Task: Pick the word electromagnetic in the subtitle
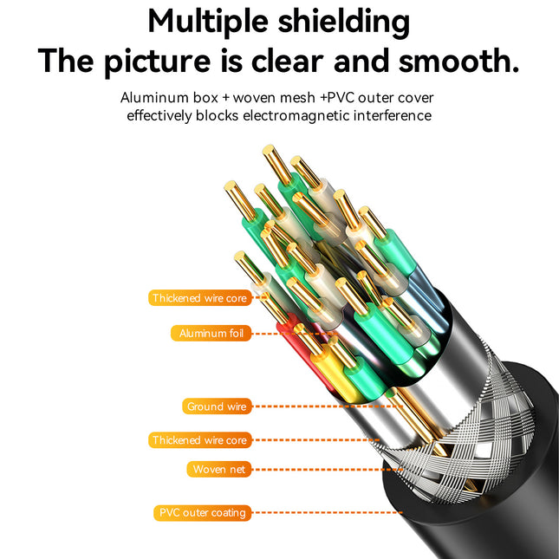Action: pyautogui.click(x=296, y=115)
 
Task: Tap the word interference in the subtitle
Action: pyautogui.click(x=392, y=115)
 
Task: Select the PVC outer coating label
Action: pyautogui.click(x=202, y=512)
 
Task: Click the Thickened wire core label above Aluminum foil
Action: pyautogui.click(x=199, y=298)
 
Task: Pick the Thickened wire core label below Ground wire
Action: pyautogui.click(x=199, y=440)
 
